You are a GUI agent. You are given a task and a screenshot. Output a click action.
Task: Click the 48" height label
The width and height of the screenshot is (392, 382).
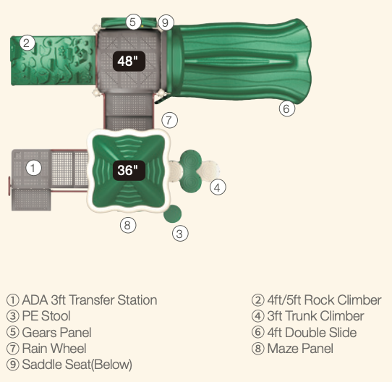(129, 61)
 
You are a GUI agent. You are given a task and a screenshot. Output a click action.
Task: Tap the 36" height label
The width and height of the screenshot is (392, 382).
(129, 170)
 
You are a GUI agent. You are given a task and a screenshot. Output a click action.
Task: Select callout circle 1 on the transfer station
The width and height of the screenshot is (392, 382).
(33, 168)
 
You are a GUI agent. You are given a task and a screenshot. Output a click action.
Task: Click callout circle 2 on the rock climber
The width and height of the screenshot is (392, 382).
(27, 43)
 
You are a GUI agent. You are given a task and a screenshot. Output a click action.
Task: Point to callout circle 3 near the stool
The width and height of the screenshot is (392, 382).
(180, 234)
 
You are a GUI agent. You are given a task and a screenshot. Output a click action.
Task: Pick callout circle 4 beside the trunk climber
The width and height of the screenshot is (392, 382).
(218, 187)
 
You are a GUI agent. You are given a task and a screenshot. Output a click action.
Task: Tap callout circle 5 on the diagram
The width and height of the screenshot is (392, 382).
(133, 22)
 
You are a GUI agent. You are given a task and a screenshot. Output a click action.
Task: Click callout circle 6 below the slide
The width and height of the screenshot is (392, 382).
(287, 109)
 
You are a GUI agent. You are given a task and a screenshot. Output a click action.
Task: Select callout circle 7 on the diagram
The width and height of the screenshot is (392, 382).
(169, 120)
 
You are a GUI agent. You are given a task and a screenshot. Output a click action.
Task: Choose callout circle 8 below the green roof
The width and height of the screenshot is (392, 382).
(128, 225)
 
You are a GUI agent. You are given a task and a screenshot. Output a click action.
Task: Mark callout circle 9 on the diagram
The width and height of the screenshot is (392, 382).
(166, 22)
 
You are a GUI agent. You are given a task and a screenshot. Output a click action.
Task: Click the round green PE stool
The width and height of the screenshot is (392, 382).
(173, 213)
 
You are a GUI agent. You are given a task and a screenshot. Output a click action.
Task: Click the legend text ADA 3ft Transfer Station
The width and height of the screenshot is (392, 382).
(90, 300)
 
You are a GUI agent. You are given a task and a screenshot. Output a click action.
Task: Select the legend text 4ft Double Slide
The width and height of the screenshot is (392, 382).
(312, 333)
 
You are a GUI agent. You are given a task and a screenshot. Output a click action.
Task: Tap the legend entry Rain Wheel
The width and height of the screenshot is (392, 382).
(54, 349)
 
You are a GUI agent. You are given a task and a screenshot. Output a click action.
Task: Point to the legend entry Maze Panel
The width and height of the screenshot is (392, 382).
(300, 349)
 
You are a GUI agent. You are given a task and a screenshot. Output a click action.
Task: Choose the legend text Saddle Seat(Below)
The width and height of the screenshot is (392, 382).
(77, 365)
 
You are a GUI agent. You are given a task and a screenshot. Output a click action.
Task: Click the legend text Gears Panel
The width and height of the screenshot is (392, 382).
(56, 333)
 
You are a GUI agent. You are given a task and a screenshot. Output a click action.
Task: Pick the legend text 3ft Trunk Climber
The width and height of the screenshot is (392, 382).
(315, 316)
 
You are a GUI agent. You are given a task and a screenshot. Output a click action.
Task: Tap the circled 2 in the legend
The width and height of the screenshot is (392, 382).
(258, 300)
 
